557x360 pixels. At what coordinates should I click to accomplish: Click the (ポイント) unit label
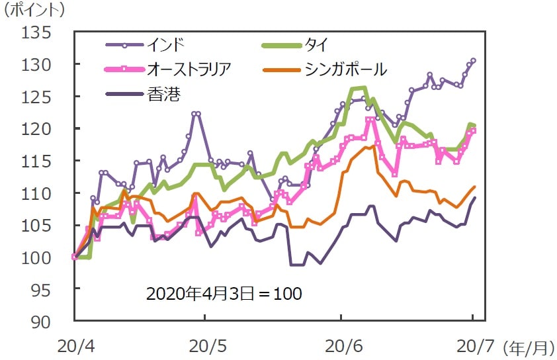(x=34, y=10)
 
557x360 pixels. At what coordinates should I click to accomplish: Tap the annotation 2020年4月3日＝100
(x=224, y=293)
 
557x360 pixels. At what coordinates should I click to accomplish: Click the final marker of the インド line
(x=473, y=61)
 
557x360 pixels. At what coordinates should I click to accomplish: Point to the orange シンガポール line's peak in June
(x=374, y=146)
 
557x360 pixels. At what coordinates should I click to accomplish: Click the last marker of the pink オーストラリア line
(x=473, y=130)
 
